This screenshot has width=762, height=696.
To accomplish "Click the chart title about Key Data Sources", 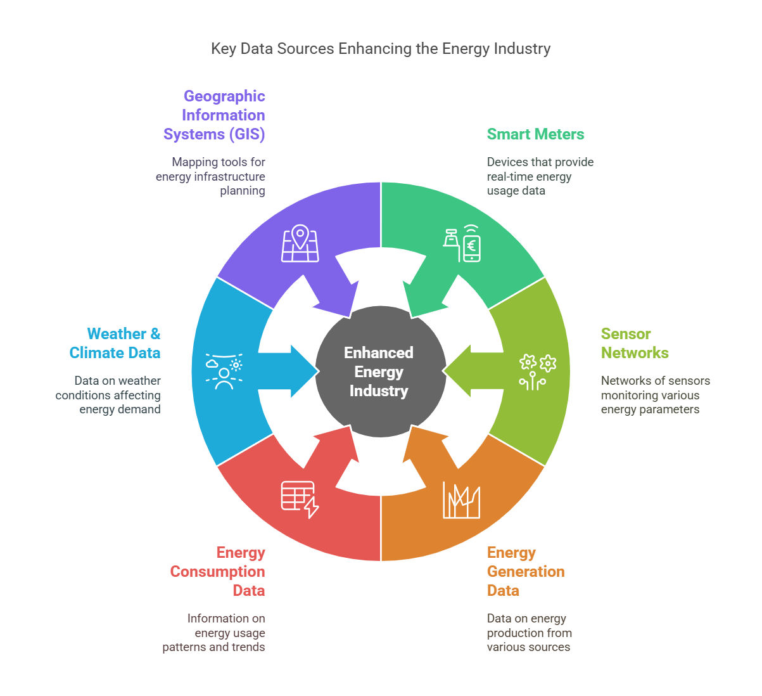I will click(x=381, y=49).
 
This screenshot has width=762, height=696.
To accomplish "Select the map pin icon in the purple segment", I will click(x=300, y=243).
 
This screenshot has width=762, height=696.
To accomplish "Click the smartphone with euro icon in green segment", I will click(x=462, y=244).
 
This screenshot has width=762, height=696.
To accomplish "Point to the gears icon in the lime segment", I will click(x=537, y=371).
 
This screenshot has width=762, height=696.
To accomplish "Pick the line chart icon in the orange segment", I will click(x=461, y=500).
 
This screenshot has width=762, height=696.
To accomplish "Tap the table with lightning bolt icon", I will click(x=300, y=499).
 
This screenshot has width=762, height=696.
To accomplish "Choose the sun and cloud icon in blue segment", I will click(x=224, y=371).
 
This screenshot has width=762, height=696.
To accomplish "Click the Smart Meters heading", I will click(x=535, y=134).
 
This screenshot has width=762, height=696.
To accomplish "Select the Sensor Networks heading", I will click(x=634, y=344).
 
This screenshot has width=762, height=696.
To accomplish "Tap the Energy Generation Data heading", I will click(x=525, y=571).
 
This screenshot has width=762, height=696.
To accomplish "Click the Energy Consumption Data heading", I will click(x=218, y=571).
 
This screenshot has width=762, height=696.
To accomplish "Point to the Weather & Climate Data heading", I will click(x=115, y=344).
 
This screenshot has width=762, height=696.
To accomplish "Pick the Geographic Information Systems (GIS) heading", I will click(x=215, y=115).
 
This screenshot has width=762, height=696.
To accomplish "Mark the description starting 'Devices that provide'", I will click(x=540, y=176).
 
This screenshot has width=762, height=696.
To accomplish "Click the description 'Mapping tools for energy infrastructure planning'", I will click(x=211, y=176).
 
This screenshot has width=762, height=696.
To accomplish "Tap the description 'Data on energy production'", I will click(x=529, y=633).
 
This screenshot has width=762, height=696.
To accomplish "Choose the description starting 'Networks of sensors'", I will click(x=655, y=395).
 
